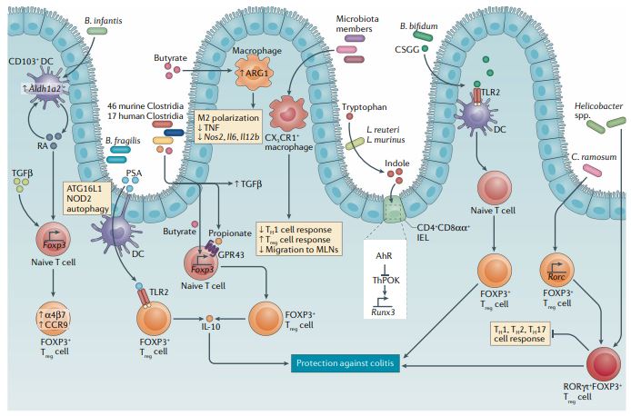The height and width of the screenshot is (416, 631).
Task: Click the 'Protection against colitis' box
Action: click(x=369, y=365)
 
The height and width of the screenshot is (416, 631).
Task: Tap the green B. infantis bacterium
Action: click(x=95, y=32)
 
